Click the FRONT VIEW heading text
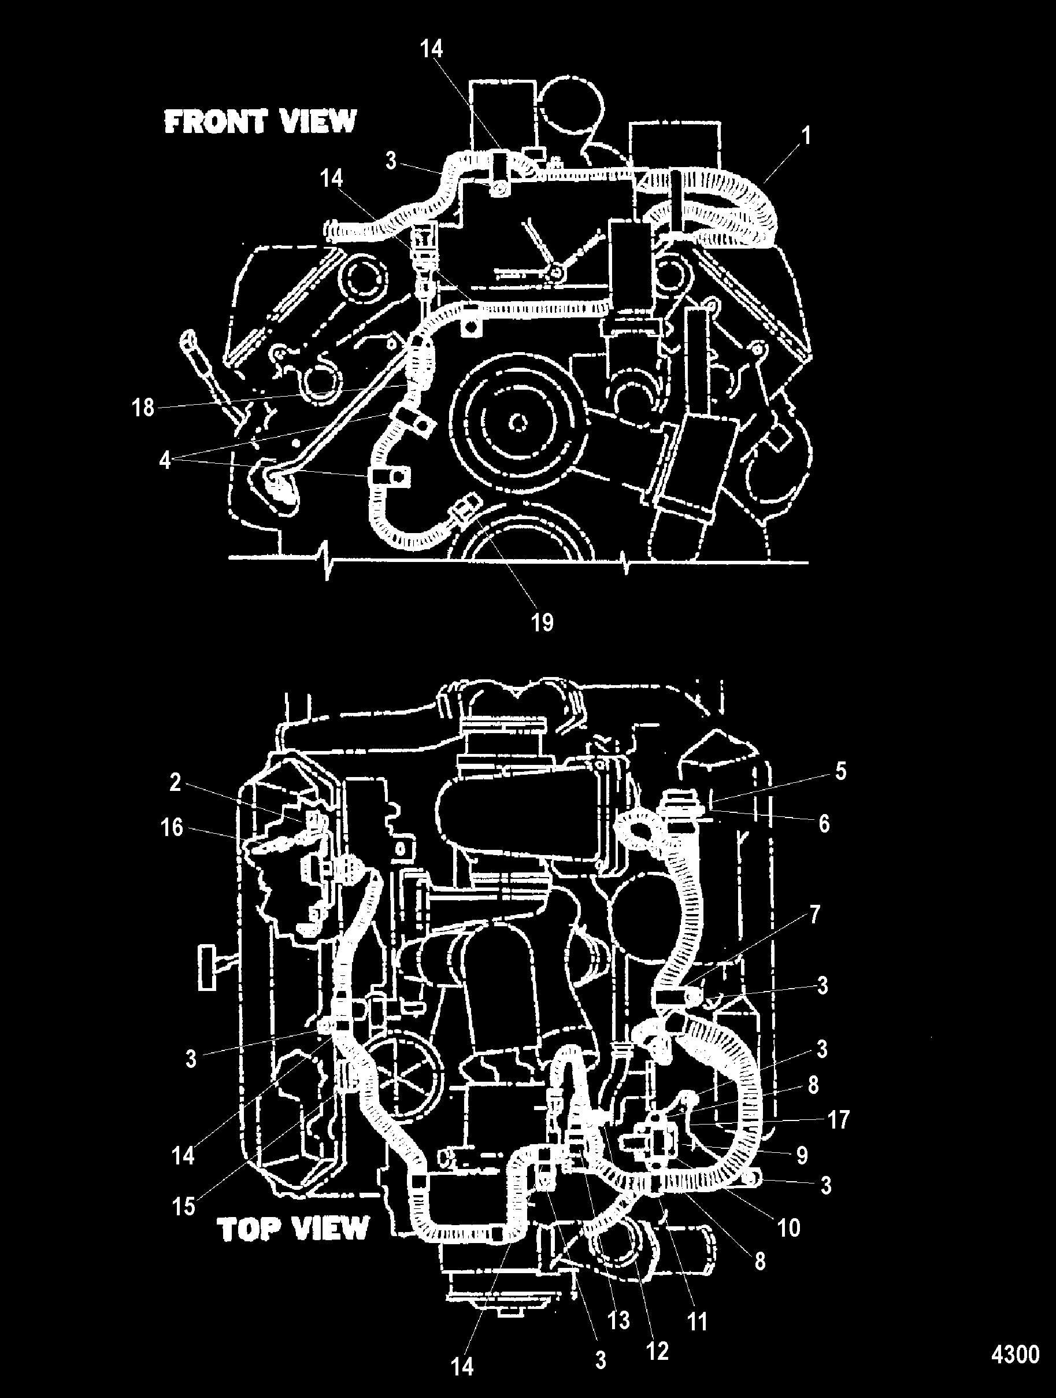(x=260, y=121)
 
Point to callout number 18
(x=143, y=408)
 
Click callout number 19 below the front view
(x=542, y=622)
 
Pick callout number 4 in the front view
(x=164, y=460)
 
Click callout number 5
(x=840, y=771)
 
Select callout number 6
(x=824, y=823)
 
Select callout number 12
(x=657, y=1351)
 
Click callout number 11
(x=697, y=1321)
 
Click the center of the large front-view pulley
(x=518, y=421)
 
